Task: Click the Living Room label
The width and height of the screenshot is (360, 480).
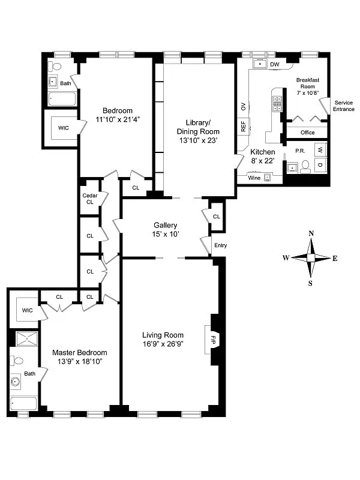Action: [x=163, y=335]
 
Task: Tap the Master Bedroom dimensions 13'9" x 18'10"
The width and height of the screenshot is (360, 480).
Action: [x=79, y=361]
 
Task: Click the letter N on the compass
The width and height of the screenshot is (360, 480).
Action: [x=311, y=233]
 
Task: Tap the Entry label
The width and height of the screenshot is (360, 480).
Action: [x=220, y=245]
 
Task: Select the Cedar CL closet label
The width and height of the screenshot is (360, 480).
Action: [x=89, y=199]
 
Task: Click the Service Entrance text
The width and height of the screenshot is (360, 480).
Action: [x=344, y=106]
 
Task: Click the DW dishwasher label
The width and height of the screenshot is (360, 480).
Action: [x=275, y=64]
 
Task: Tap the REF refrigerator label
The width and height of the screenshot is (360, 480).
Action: [x=243, y=127]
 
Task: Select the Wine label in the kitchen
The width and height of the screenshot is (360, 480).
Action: [x=254, y=178]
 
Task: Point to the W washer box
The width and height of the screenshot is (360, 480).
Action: [x=320, y=149]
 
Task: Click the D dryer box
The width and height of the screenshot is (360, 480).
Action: [x=320, y=164]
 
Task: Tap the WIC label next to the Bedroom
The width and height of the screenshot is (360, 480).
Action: [x=63, y=128]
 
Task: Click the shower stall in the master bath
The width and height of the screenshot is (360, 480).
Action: [x=26, y=339]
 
